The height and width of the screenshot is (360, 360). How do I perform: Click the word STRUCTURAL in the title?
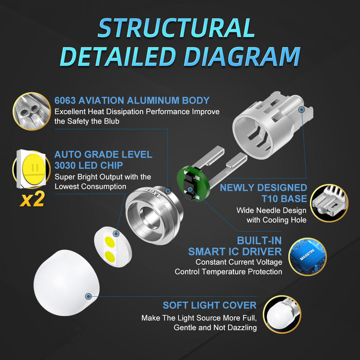coord(176,28)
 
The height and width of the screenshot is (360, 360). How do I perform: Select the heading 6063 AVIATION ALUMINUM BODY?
coord(132,100)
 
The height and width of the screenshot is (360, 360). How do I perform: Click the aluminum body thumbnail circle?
coord(31,111)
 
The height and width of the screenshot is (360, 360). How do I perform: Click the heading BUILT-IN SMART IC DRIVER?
coord(235,246)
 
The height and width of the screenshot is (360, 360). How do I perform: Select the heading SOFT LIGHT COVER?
coord(209,305)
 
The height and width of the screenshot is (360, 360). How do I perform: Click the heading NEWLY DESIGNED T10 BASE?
coord(263,193)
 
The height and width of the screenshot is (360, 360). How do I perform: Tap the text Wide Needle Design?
coord(271,210)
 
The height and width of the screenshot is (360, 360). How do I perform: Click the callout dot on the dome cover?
coord(88,296)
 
